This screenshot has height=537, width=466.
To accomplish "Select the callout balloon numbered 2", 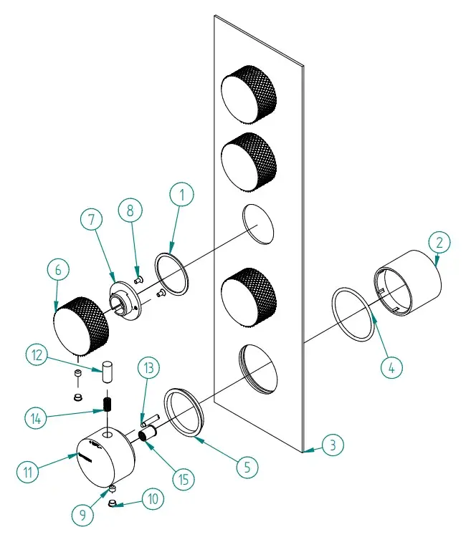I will tap(442, 242).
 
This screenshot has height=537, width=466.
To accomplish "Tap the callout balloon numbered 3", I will tap(331, 445).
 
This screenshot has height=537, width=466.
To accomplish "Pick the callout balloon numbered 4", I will tap(391, 368).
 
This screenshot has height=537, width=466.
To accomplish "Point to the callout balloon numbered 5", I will tap(246, 467).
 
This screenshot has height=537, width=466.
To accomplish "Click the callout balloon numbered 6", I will tap(59, 271).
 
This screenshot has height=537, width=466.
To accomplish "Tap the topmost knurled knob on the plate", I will tap(247, 94).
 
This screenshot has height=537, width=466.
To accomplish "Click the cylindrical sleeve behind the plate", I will tap(407, 281).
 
